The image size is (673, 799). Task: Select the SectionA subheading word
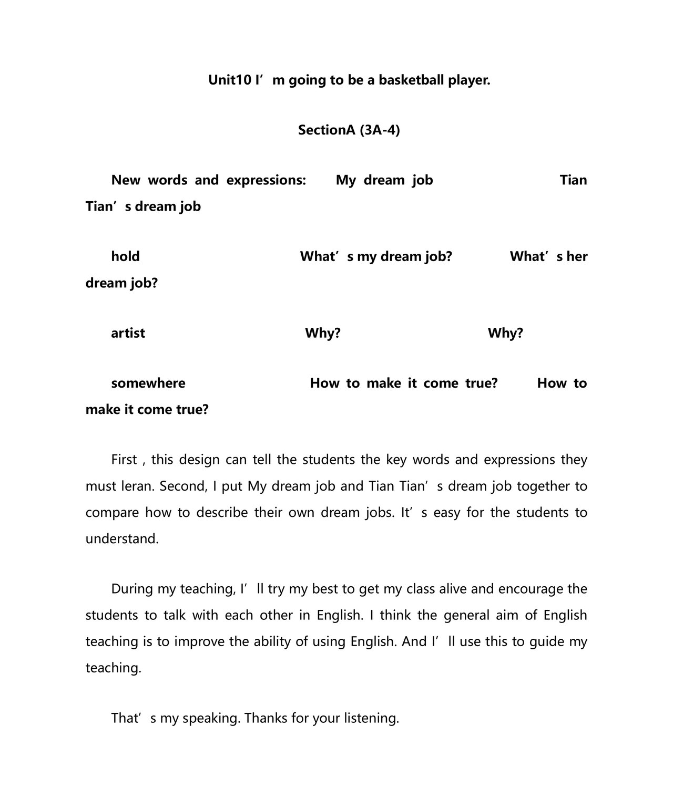coord(327,130)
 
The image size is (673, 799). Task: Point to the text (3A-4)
coord(380,130)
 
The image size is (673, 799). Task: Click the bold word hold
coord(125,256)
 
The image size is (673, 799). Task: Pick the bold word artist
coord(128,333)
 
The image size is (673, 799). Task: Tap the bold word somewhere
coord(148,383)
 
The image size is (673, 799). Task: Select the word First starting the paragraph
coord(124,460)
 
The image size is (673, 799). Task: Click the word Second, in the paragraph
coord(183,486)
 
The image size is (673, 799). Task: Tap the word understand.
coord(122,539)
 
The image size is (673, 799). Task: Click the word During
coord(132,589)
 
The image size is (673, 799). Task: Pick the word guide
coord(546,641)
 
